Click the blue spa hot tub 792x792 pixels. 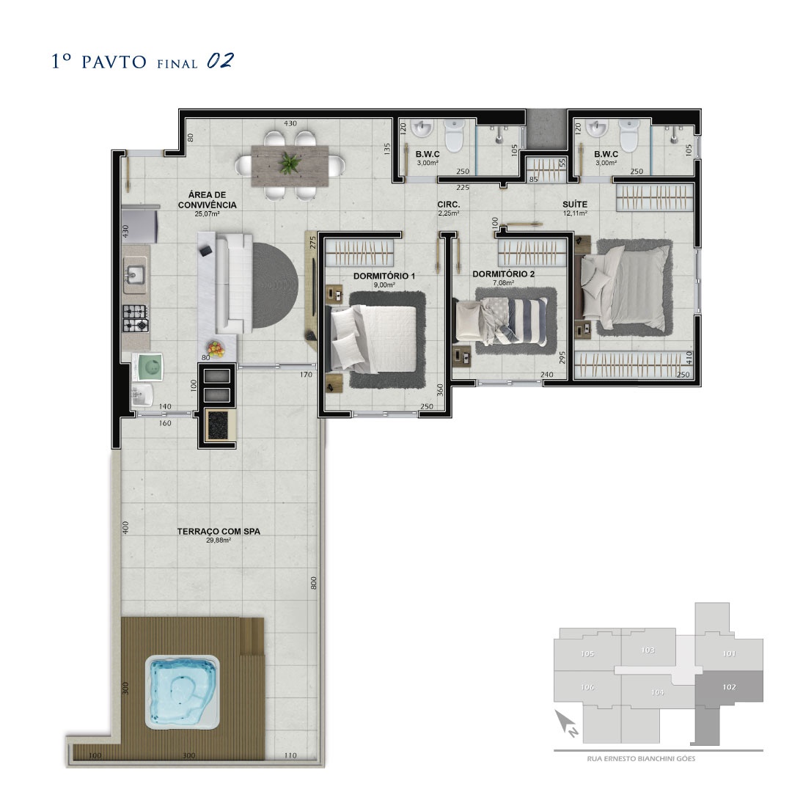pyautogui.click(x=183, y=692)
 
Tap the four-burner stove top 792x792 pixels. pyautogui.click(x=136, y=318)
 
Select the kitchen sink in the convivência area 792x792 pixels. pyautogui.click(x=135, y=275)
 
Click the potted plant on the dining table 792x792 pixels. pyautogui.click(x=290, y=163)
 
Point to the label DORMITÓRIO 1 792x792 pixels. pyautogui.click(x=384, y=276)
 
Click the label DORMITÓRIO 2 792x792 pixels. pyautogui.click(x=503, y=274)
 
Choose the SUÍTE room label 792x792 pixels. pyautogui.click(x=575, y=204)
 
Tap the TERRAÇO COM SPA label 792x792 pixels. pyautogui.click(x=219, y=532)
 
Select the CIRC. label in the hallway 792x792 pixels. pyautogui.click(x=449, y=205)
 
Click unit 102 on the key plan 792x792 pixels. pyautogui.click(x=729, y=687)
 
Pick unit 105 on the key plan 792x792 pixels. pyautogui.click(x=587, y=653)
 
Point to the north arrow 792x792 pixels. pyautogui.click(x=565, y=723)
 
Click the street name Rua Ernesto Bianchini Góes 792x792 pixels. pyautogui.click(x=641, y=759)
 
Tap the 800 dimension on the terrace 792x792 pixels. pyautogui.click(x=314, y=583)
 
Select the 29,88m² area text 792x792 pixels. pyautogui.click(x=219, y=540)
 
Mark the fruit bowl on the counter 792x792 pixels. pyautogui.click(x=216, y=349)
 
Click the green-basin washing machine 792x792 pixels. pyautogui.click(x=147, y=366)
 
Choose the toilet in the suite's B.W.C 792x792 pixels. pyautogui.click(x=629, y=135)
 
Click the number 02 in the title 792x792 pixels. pyautogui.click(x=220, y=61)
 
